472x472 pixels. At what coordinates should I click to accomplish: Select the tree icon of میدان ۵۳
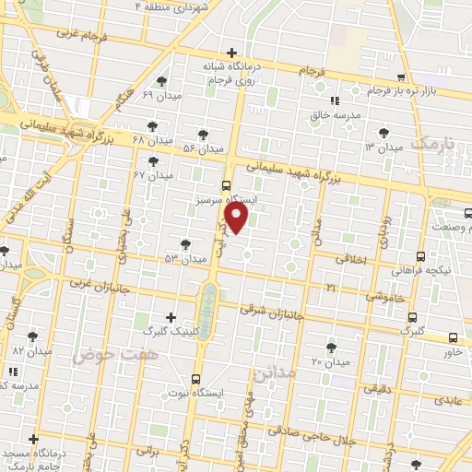[186, 244]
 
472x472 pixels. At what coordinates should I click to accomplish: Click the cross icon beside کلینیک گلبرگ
[171, 316]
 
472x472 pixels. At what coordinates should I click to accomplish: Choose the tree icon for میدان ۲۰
[331, 348]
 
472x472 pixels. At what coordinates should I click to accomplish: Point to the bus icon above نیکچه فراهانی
[420, 257]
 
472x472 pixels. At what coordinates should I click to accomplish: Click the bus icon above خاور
[453, 337]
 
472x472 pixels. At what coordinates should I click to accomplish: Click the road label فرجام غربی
[82, 34]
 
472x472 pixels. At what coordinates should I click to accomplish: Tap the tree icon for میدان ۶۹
[162, 81]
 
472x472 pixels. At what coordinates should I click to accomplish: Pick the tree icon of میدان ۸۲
[34, 337]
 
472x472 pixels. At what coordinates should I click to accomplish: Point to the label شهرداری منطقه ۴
[202, 6]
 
